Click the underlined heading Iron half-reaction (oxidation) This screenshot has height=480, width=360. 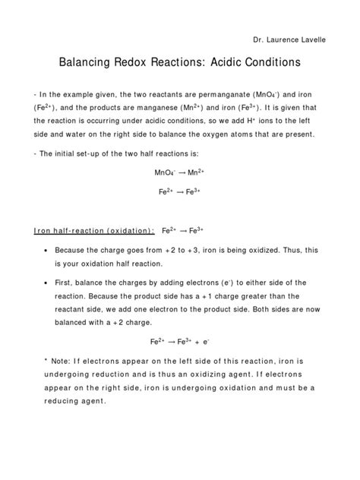coord(95,231)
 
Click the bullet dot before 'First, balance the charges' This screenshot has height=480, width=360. coord(47,283)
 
